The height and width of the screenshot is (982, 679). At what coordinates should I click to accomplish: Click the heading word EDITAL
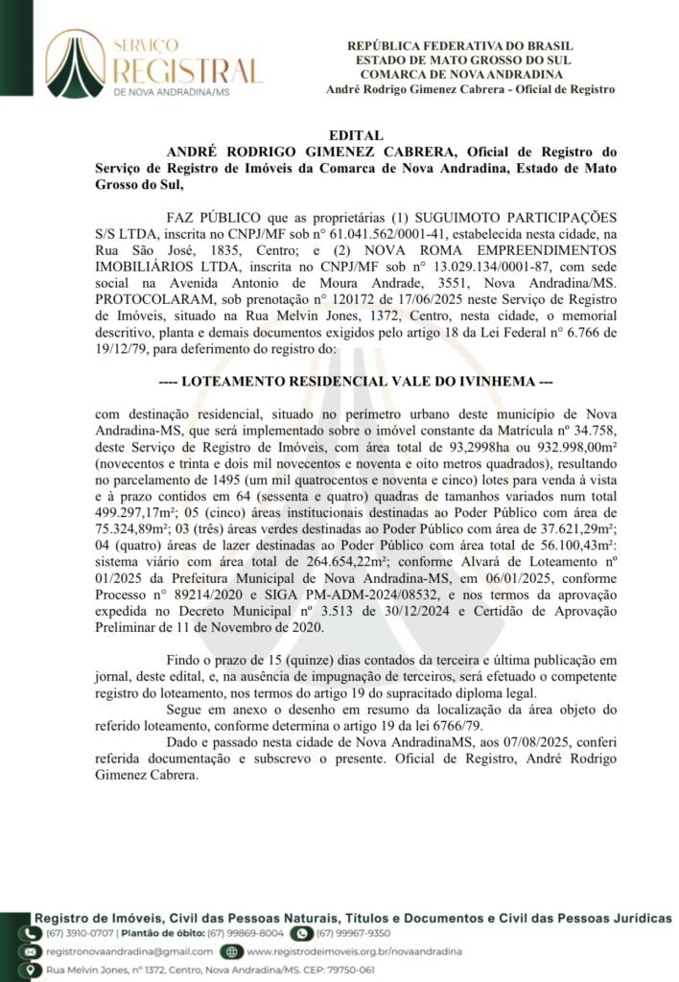tap(356, 136)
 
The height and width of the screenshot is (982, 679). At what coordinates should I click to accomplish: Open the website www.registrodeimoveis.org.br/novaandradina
tap(354, 951)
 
